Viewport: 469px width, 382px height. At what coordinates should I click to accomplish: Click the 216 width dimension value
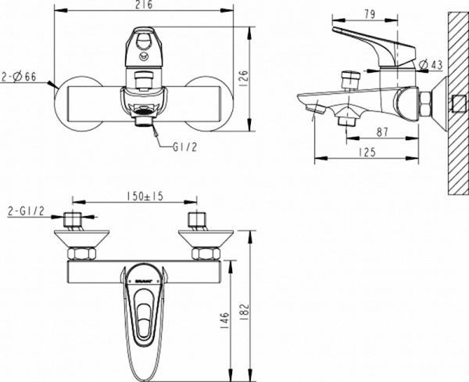141,6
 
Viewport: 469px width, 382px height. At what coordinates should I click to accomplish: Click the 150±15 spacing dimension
141,196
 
